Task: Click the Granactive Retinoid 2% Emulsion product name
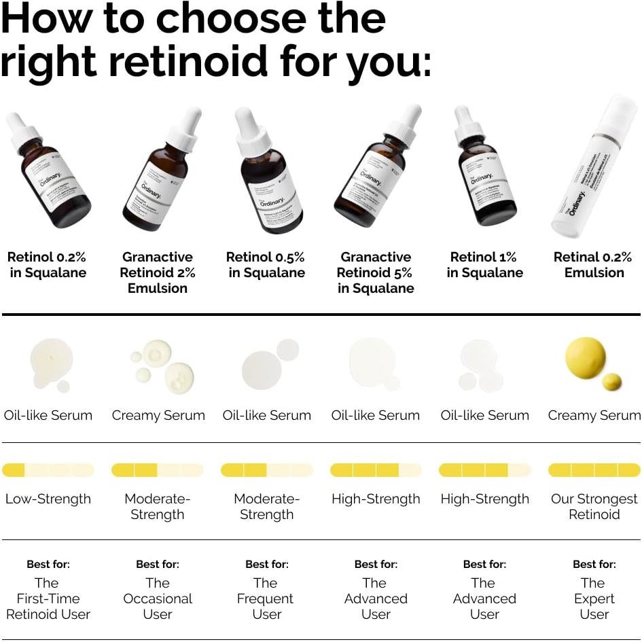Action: (158, 272)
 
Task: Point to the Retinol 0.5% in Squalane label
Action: (266, 265)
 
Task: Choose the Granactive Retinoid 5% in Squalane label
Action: (376, 272)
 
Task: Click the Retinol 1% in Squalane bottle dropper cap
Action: (468, 126)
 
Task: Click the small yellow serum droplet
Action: (611, 382)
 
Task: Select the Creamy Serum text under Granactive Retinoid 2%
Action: (158, 415)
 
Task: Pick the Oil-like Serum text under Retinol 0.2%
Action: (48, 415)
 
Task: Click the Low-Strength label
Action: (48, 499)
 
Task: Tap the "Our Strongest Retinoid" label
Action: (594, 506)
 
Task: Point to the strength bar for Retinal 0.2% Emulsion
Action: (594, 470)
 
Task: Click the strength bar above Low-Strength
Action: (48, 470)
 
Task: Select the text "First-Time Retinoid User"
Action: (48, 606)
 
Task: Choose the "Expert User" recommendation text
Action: (594, 606)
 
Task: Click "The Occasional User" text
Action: (158, 599)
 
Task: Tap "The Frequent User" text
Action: (266, 599)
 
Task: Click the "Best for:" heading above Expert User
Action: (594, 564)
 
